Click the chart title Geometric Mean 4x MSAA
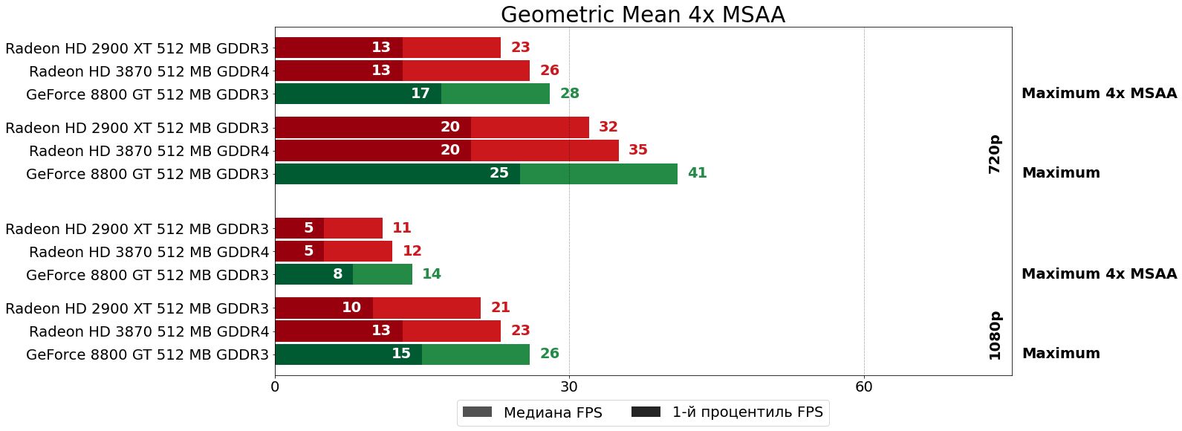coord(643,15)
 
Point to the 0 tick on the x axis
coord(275,387)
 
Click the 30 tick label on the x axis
coord(569,387)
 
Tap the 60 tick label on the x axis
coord(864,387)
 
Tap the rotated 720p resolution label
coord(995,155)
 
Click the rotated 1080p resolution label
coord(995,336)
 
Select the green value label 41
coord(697,173)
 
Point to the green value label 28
coord(570,94)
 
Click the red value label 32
coord(608,127)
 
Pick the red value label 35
coord(638,150)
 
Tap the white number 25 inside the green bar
coord(499,173)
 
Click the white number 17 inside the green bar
coord(420,94)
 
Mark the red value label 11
coord(402,228)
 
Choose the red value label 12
coord(412,251)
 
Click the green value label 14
coord(432,274)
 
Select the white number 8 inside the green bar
coord(338,274)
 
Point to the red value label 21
coord(501,308)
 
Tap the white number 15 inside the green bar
coord(401,354)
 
